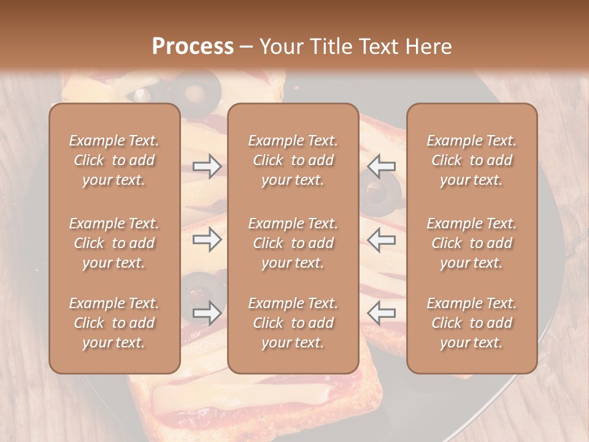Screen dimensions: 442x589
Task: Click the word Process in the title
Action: (x=193, y=46)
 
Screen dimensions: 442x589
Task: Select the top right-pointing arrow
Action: (x=207, y=166)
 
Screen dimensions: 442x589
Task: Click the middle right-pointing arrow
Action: (x=207, y=239)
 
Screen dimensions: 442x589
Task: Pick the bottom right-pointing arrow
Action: (x=207, y=312)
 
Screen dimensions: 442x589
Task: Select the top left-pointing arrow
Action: (x=382, y=166)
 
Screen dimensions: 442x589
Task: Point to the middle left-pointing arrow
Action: (x=382, y=239)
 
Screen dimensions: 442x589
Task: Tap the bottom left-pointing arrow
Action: (x=382, y=312)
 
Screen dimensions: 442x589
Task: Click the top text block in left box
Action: (x=114, y=160)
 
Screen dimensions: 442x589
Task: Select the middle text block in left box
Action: (x=114, y=243)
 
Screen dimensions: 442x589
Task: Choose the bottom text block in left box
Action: (x=114, y=323)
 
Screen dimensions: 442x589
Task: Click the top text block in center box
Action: (x=293, y=160)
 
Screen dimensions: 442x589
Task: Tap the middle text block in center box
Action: (x=293, y=243)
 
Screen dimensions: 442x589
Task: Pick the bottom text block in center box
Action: (x=293, y=323)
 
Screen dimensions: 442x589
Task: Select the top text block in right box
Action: (x=471, y=160)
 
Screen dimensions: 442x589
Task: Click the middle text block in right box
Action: (x=471, y=243)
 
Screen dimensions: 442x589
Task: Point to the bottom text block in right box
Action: (x=471, y=323)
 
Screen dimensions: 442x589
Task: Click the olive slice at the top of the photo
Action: (x=196, y=90)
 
